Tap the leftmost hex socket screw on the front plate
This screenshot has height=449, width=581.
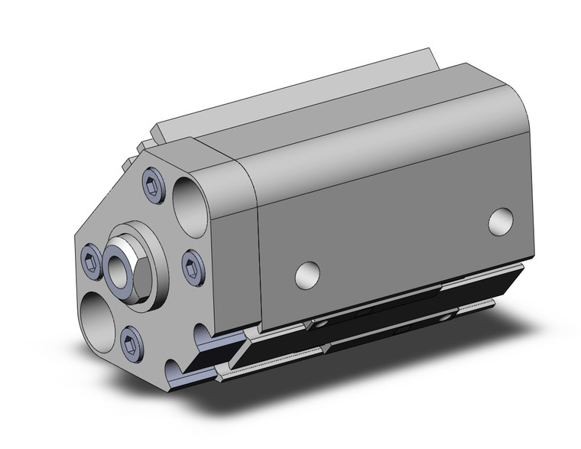pyautogui.click(x=91, y=259)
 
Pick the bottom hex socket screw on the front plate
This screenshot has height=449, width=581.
pyautogui.click(x=131, y=338)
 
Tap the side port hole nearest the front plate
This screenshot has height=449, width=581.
pyautogui.click(x=306, y=274)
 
